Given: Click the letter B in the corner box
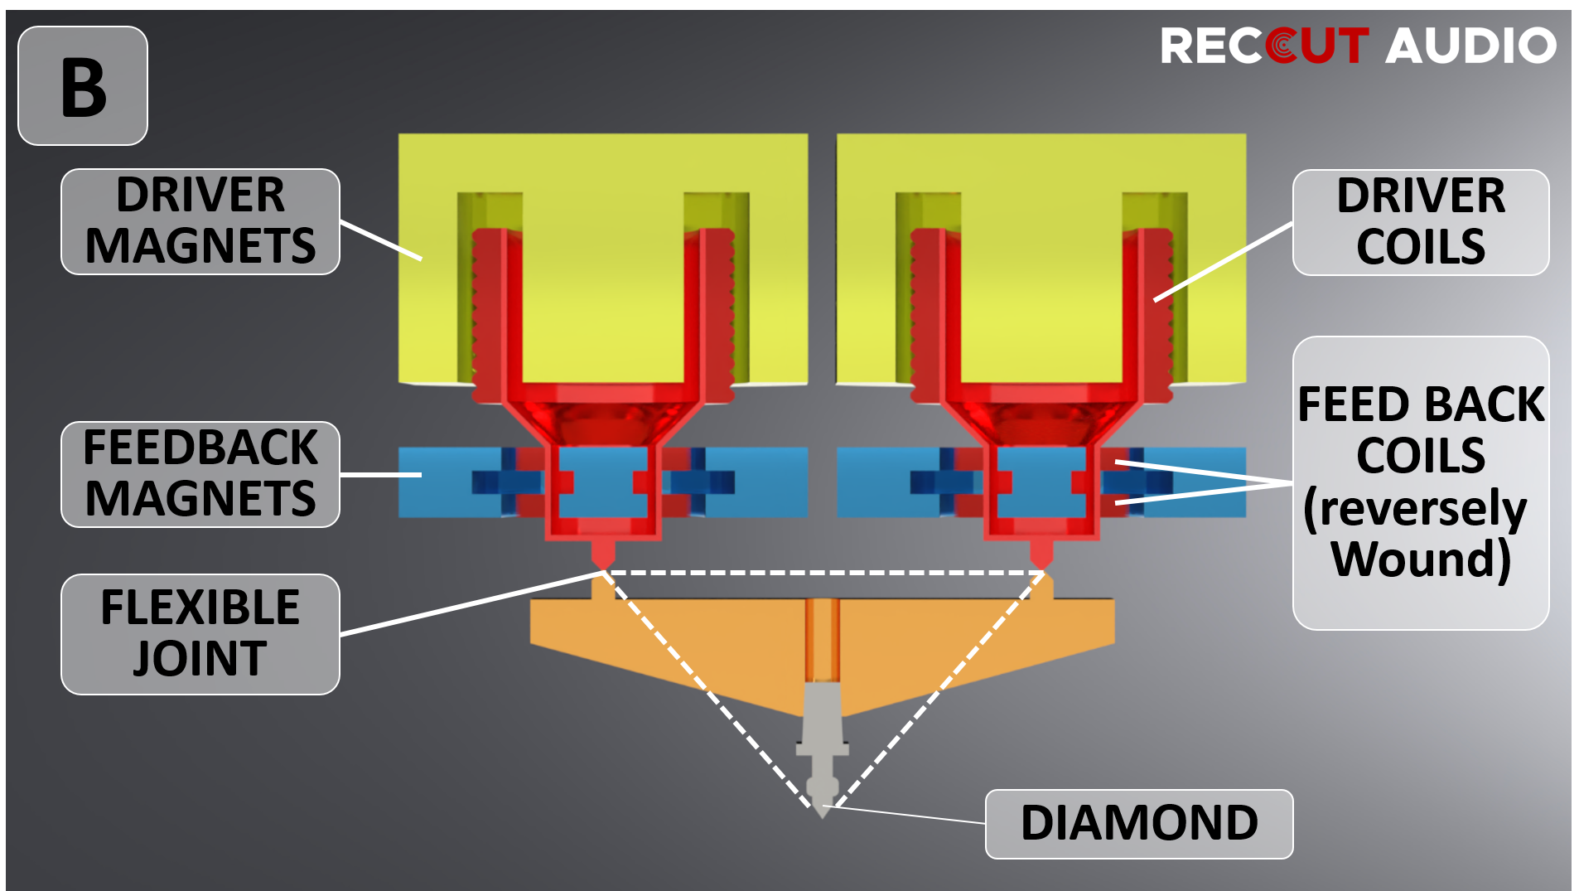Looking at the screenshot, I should point(84,87).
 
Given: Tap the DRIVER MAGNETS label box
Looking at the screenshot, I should point(200,221).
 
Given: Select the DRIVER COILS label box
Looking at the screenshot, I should point(1420,222).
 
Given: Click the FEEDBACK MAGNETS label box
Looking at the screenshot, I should point(200,474).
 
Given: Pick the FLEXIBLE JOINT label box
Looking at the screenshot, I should point(200,634).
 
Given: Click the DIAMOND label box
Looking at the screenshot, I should point(1138,824).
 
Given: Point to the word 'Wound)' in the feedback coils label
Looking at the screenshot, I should point(1421,559).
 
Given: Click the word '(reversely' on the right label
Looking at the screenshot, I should point(1414,508).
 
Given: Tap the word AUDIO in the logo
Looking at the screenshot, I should point(1470,46).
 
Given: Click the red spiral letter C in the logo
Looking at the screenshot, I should point(1282,46).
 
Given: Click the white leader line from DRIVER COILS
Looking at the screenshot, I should point(1223,261).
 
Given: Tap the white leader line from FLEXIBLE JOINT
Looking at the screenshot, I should point(472,603).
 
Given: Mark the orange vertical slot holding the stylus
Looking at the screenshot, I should point(822,638).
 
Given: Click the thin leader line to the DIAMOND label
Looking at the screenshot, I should point(911,815).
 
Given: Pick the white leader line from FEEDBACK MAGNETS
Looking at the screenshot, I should point(381,475).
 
